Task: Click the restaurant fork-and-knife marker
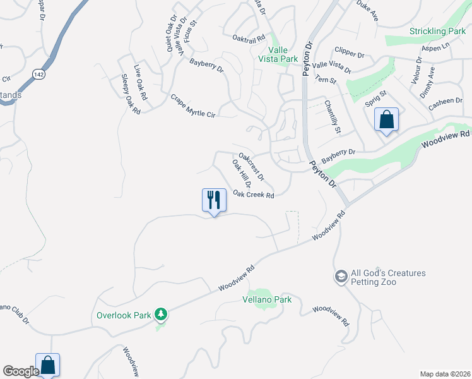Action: (214, 200)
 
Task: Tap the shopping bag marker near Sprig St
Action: (386, 119)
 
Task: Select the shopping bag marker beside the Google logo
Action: (47, 364)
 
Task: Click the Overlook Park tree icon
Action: (161, 314)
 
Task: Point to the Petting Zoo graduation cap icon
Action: (341, 277)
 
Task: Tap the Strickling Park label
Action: (437, 31)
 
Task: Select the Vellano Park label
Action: (268, 299)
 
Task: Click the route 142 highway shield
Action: (40, 74)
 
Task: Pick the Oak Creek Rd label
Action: (253, 195)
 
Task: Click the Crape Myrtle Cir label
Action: (193, 105)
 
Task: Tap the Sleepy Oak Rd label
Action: (130, 94)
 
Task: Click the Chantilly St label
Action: (333, 117)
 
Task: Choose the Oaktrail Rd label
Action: (249, 39)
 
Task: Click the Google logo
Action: (21, 371)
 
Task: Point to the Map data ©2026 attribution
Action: (445, 373)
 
